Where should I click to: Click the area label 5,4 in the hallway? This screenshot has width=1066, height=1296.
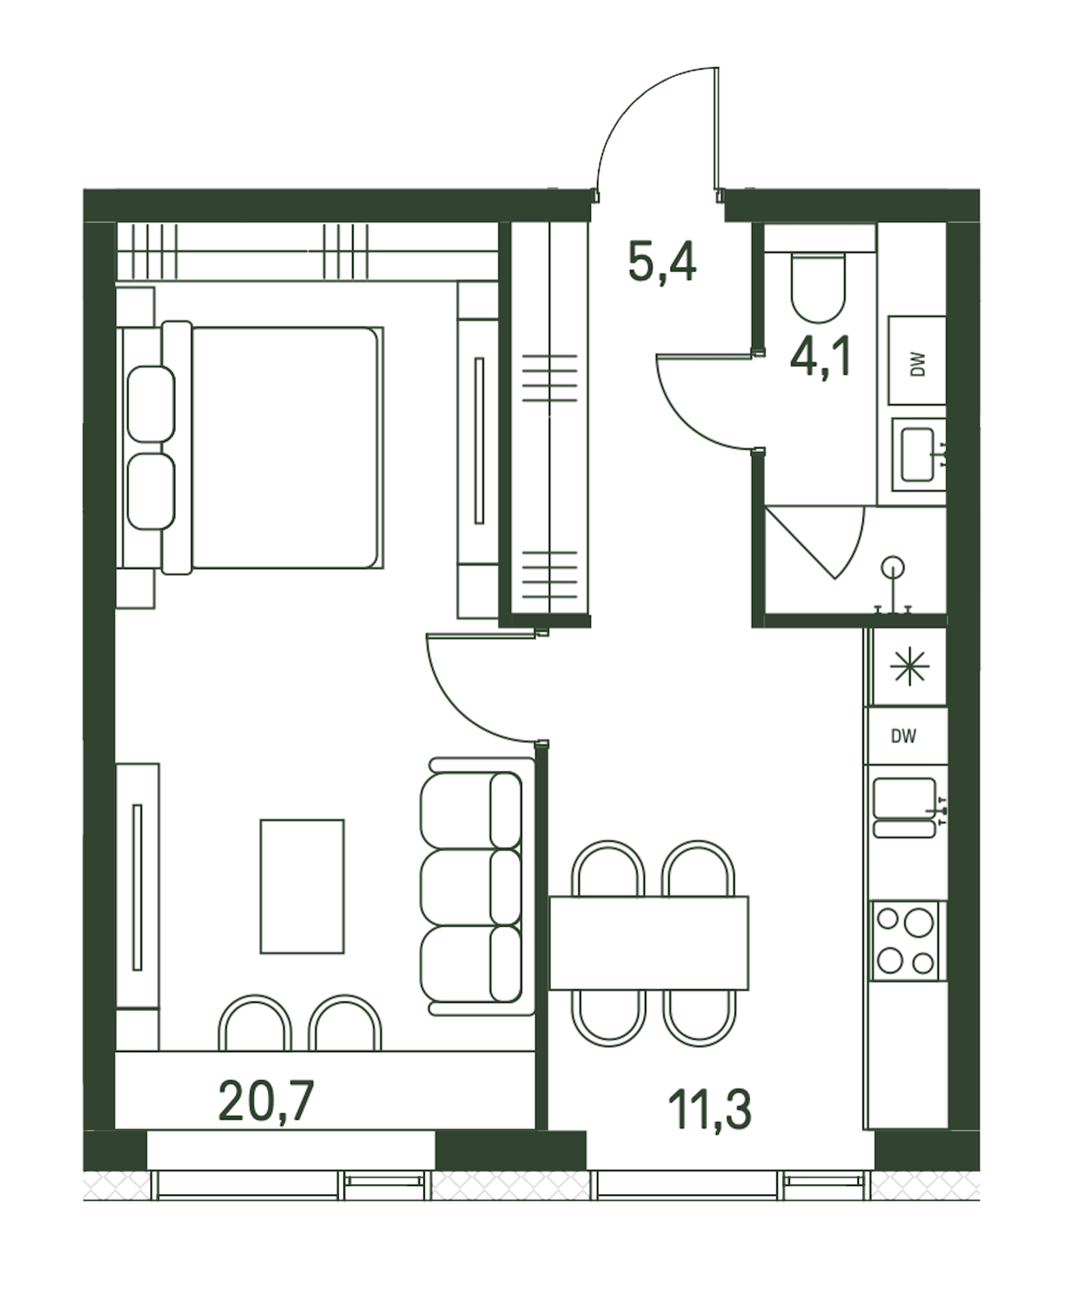[x=662, y=262]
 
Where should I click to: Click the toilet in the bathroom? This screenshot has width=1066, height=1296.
[x=819, y=286]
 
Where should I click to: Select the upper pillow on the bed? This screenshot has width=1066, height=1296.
[x=151, y=404]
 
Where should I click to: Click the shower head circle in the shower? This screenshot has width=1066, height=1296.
[x=892, y=566]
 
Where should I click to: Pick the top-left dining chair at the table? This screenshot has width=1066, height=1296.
[x=608, y=868]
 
